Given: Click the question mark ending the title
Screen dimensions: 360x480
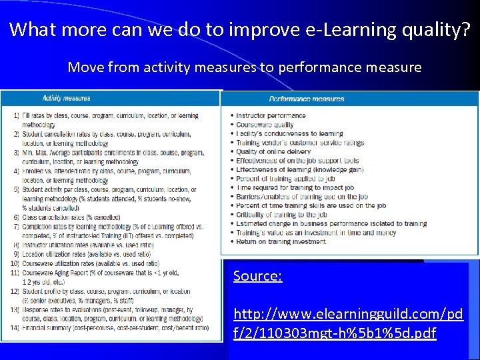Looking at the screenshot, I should point(465,30).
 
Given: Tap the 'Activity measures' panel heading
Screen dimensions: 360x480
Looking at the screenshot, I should point(66,99).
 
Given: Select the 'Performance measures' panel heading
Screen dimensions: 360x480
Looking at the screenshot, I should point(307,99).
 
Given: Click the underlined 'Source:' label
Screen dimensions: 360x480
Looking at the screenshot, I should point(257,276).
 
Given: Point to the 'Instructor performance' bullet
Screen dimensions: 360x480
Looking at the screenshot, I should point(271,115).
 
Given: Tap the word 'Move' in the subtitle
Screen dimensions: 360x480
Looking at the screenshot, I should point(83,67).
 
